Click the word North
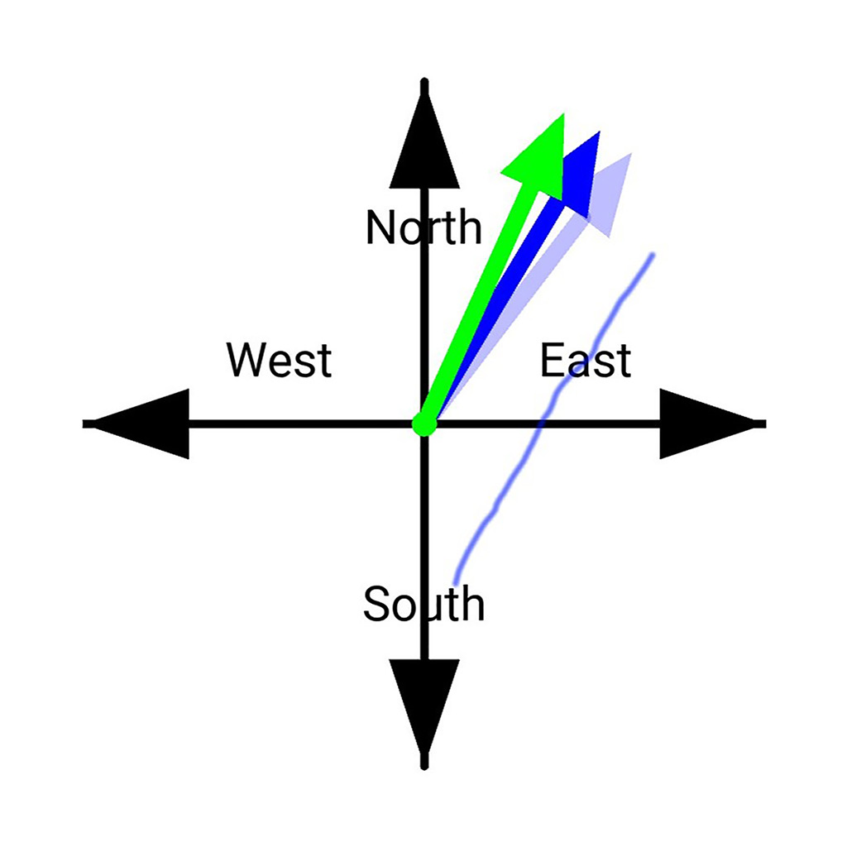pos(423,227)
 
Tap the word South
pos(423,604)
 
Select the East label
pos(586,361)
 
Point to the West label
pos(280,361)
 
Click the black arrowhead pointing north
pos(424,145)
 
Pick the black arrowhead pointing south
pos(424,703)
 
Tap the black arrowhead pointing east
pos(703,424)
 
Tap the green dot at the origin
pos(424,425)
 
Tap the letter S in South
pos(375,604)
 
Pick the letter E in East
pos(553,361)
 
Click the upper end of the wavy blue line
pos(653,255)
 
